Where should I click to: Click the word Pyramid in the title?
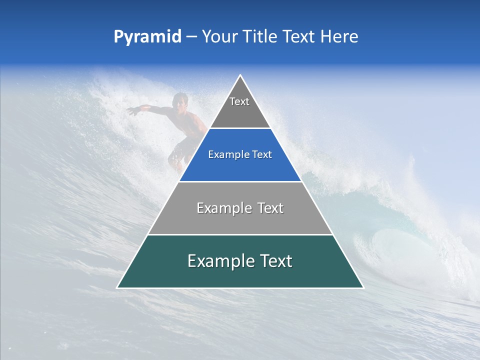147,37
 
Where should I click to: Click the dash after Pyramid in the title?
191,37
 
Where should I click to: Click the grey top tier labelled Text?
240,107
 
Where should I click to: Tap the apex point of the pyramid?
240,75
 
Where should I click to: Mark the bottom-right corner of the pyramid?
363,287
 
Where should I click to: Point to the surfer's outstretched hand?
131,110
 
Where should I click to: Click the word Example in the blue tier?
224,155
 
